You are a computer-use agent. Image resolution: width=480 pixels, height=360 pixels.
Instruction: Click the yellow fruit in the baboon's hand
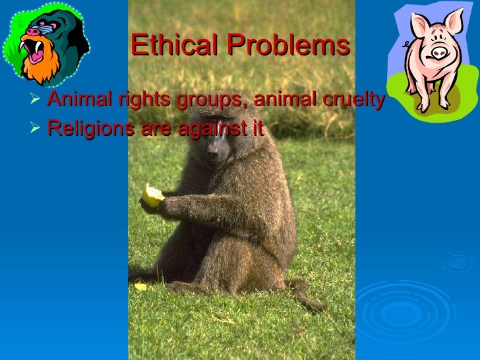click(152, 195)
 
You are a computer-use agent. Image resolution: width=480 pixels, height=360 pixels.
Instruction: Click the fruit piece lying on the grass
click(140, 287)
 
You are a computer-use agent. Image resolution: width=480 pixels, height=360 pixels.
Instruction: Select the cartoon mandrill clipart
click(44, 44)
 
